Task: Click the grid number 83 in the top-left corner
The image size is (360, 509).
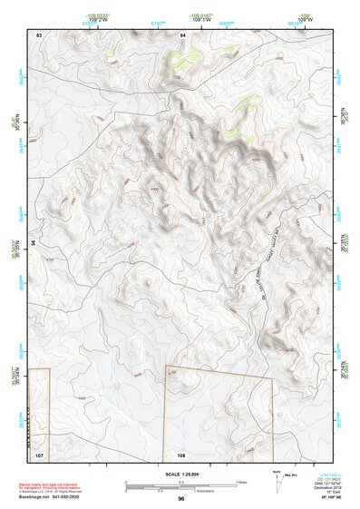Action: tap(39, 34)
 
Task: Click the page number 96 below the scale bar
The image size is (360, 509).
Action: tap(181, 498)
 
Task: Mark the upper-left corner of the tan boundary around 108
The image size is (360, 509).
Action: tap(166, 367)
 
